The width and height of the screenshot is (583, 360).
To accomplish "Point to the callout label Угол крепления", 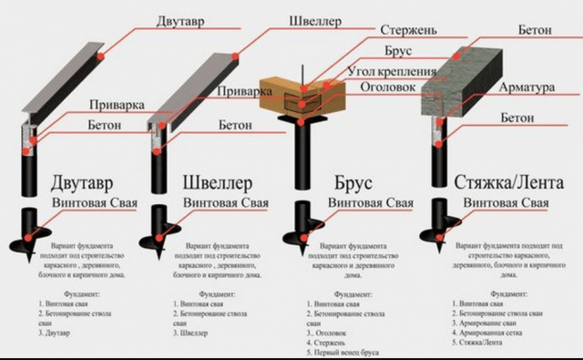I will coord(394,71).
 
